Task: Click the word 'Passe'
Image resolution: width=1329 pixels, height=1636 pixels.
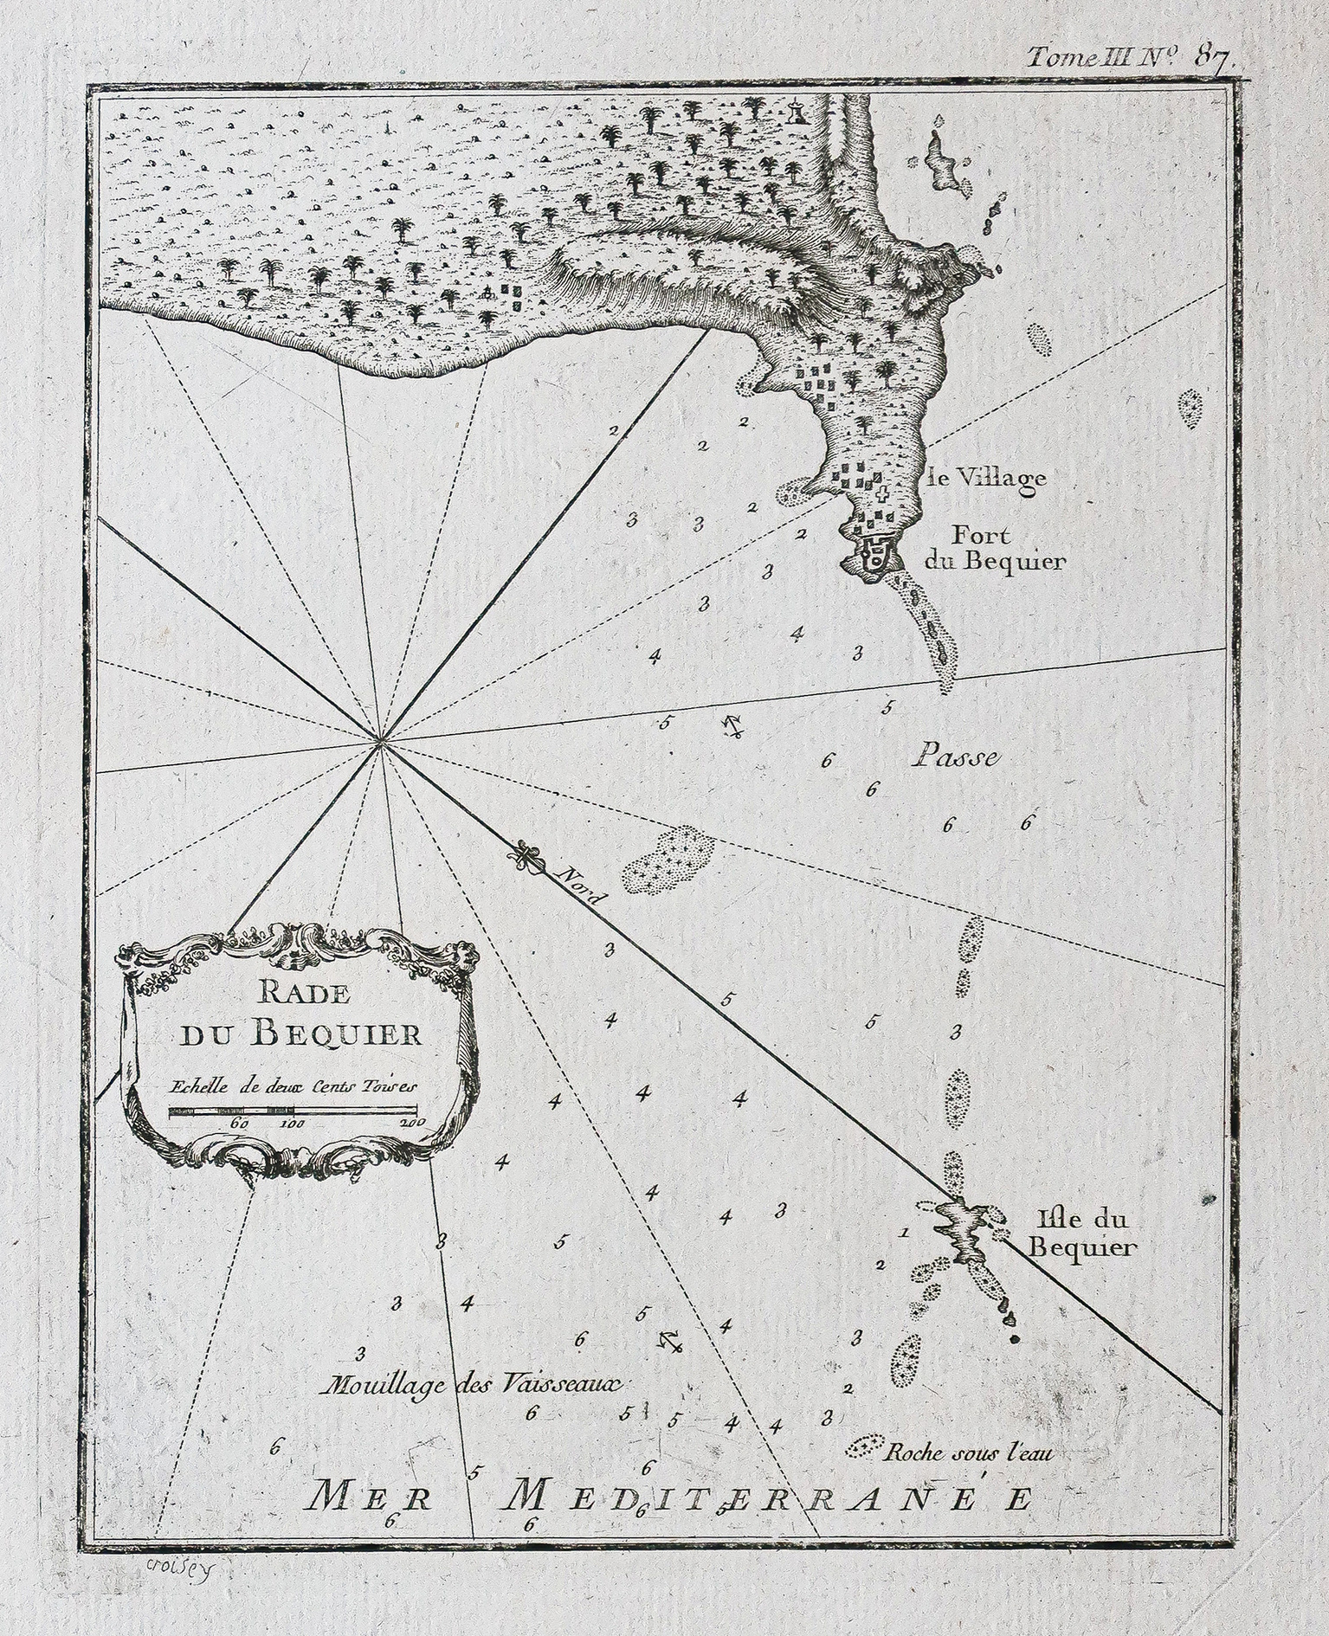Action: click(x=955, y=757)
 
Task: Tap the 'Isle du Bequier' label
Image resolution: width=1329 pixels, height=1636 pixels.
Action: click(x=1086, y=1234)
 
